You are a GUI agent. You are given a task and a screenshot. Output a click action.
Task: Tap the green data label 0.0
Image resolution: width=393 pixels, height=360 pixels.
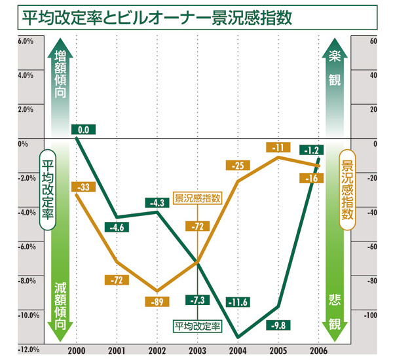[x=84, y=130]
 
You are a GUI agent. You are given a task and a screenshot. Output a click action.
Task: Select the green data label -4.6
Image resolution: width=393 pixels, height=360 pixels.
[x=118, y=227]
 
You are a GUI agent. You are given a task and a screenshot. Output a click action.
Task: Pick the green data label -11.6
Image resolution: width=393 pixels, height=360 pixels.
[x=236, y=302]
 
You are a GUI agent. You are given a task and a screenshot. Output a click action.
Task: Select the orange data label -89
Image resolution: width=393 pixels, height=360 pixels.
[x=157, y=302]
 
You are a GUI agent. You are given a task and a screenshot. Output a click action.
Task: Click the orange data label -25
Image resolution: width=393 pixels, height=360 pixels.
[x=237, y=166]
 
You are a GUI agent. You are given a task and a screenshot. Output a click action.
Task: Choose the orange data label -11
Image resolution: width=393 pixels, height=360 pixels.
[x=278, y=147]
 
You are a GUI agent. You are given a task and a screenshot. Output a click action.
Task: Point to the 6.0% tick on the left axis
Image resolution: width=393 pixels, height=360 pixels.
[x=16, y=41]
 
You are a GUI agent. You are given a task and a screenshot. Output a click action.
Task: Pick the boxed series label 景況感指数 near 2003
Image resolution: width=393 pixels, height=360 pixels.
[x=197, y=197]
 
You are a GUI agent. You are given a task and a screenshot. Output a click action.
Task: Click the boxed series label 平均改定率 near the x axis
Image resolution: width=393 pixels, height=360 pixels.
[x=197, y=324]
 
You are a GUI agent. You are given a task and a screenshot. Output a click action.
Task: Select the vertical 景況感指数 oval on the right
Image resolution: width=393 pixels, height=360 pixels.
[x=348, y=189]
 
